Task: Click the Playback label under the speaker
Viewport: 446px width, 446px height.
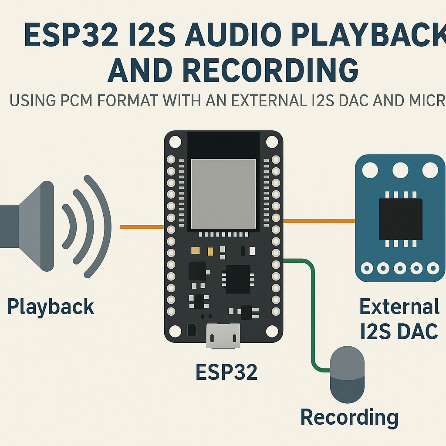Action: (x=51, y=307)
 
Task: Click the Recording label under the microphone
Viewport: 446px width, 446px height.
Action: (x=349, y=417)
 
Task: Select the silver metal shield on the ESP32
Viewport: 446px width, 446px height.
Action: (x=223, y=193)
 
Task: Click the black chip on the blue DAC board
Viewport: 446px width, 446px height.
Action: (x=400, y=219)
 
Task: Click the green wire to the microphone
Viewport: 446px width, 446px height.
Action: (x=312, y=314)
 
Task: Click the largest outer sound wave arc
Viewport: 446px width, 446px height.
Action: (x=102, y=226)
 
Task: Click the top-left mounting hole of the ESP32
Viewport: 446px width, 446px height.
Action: (x=175, y=142)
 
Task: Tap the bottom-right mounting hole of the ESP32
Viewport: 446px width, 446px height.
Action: (x=272, y=331)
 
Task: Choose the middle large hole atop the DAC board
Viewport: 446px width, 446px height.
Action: (x=400, y=170)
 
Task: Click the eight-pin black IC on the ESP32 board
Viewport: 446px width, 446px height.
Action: (x=237, y=279)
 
